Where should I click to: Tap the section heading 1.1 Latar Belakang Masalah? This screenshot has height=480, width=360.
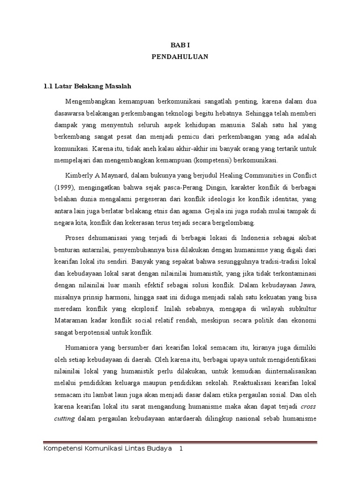coord(87,86)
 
